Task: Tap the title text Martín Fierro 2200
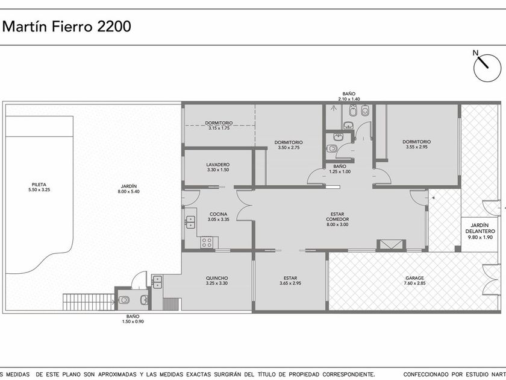[67, 27]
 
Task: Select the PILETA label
[39, 185]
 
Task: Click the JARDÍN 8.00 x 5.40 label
[128, 189]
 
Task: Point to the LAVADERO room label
[218, 165]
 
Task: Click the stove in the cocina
[207, 242]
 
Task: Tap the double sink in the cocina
[191, 222]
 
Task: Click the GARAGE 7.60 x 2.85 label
[414, 280]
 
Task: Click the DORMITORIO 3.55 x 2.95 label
[417, 144]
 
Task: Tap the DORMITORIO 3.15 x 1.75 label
[219, 125]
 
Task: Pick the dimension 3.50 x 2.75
[289, 148]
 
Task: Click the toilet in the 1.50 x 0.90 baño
[123, 300]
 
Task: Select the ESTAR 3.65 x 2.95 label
[290, 280]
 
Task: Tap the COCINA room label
[219, 214]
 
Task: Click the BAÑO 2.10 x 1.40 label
[349, 97]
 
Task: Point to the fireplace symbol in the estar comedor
[391, 245]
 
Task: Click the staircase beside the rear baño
[89, 302]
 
